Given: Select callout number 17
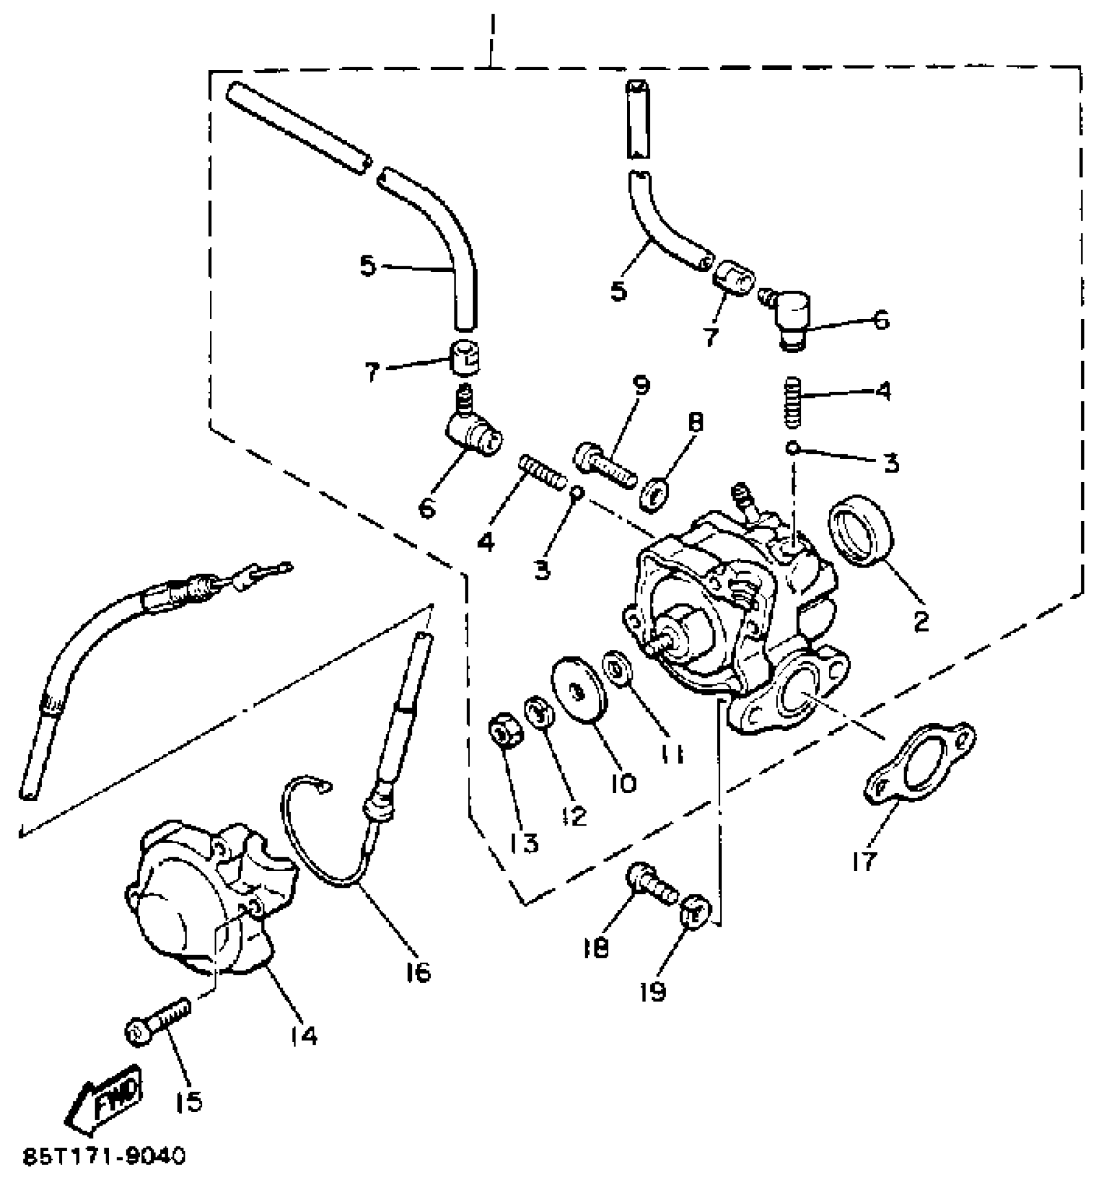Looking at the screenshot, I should pyautogui.click(x=864, y=861).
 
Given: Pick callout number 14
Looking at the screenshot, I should pyautogui.click(x=304, y=1036).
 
